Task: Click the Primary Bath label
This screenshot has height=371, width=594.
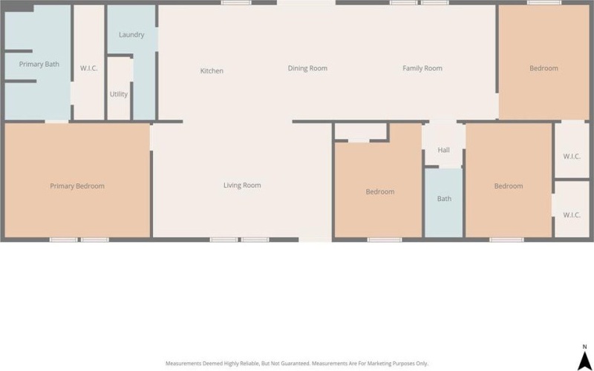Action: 39,64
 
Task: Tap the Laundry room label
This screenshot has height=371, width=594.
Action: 131,35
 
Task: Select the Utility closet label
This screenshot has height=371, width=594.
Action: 119,94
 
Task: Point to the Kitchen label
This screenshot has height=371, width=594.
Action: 212,70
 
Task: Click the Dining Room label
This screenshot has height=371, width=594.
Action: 307,68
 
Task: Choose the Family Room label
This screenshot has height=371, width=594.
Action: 422,68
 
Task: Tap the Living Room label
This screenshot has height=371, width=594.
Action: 242,185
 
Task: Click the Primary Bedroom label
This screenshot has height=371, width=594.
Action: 77,186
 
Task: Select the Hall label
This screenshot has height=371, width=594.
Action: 443,150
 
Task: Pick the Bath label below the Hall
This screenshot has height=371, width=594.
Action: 444,198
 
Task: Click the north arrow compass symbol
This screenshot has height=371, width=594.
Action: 585,359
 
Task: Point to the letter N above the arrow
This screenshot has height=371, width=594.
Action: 585,347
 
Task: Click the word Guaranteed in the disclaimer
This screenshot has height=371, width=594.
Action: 296,364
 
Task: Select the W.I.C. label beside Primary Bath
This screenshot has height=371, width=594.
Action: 89,68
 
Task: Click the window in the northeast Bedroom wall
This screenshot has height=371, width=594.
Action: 544,3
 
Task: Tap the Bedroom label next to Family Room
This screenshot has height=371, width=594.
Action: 544,68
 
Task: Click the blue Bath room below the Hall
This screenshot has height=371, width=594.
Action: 443,203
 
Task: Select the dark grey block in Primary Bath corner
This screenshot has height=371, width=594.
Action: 19,8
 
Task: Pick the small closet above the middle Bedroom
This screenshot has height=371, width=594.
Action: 361,131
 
